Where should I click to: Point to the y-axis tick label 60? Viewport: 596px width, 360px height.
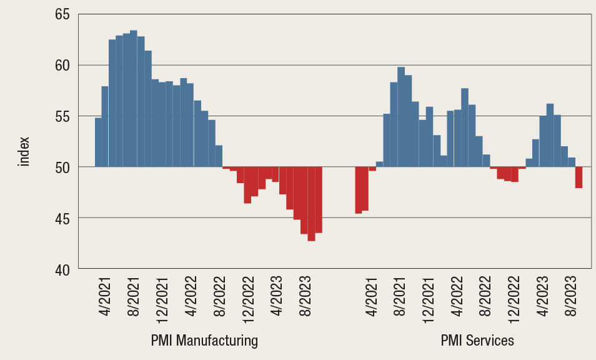click(x=61, y=65)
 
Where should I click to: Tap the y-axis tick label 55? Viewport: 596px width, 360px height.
click(x=61, y=116)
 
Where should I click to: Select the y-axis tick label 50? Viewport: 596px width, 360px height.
click(x=61, y=167)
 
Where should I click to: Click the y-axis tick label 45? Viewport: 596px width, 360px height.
click(x=61, y=218)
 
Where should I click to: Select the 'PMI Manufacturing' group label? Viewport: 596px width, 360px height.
click(x=204, y=341)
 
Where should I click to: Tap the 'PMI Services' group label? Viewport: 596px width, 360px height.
click(x=477, y=341)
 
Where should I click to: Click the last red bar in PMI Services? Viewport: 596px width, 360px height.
click(x=579, y=177)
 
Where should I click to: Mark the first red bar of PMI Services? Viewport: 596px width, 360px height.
click(x=359, y=190)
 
